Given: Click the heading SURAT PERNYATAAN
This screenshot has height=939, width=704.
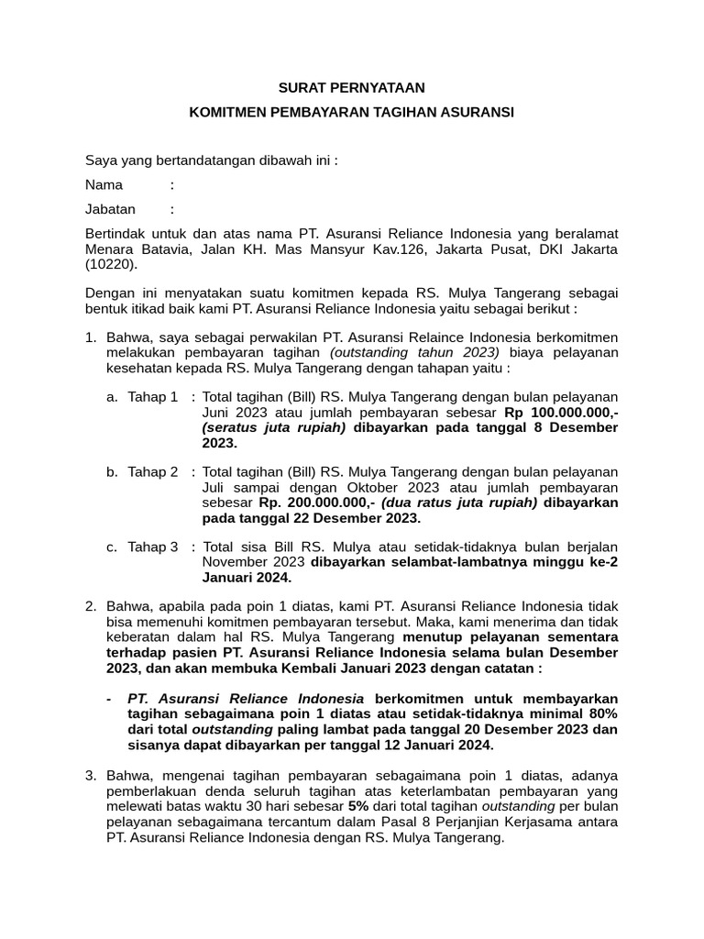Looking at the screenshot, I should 352,88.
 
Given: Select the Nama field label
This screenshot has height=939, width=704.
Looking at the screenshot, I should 104,184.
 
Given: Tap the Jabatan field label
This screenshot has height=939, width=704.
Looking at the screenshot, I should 110,209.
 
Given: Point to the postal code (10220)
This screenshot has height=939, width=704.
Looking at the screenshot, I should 110,265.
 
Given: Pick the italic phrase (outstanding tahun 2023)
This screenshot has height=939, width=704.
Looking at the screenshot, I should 415,352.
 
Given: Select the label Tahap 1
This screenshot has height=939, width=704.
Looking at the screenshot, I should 153,397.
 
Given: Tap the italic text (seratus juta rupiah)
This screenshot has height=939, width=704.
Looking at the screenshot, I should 274,427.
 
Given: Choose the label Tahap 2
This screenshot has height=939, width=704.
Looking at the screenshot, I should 153,472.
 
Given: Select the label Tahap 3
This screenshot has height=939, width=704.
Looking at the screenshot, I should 153,547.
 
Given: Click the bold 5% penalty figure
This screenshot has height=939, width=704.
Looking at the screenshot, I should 358,806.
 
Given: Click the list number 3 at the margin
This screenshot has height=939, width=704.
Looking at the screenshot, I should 90,776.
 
